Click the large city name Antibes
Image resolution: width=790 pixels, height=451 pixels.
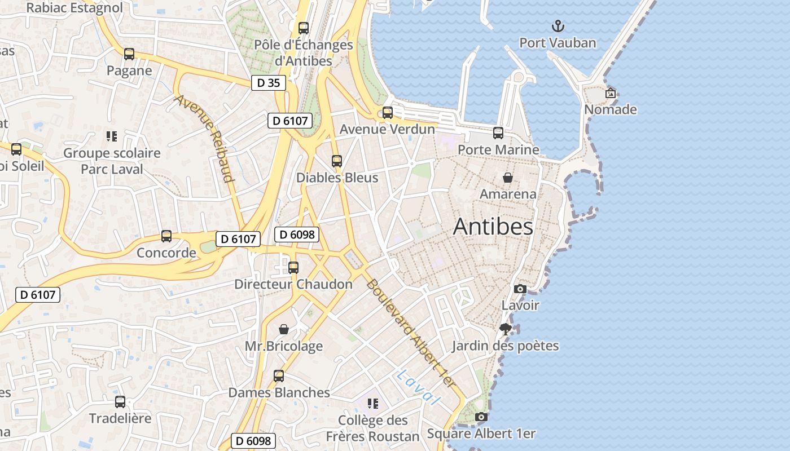click(x=493, y=227)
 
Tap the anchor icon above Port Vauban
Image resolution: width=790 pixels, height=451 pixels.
click(x=558, y=26)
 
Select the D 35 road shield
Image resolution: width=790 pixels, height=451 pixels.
click(x=269, y=83)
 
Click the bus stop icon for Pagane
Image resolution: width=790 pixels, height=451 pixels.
click(x=129, y=54)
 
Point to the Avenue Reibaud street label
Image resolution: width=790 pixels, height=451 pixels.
click(x=204, y=138)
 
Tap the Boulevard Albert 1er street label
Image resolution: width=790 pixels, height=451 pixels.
click(x=410, y=333)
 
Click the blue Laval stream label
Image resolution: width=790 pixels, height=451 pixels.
click(x=418, y=387)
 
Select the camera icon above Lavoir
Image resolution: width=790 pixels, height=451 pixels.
click(x=520, y=289)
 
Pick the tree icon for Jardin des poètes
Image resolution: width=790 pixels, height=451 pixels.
click(x=506, y=329)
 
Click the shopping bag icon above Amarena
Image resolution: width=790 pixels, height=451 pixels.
click(x=508, y=178)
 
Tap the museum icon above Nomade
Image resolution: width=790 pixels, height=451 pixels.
click(x=610, y=93)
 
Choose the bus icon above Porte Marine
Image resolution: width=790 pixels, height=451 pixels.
click(x=498, y=133)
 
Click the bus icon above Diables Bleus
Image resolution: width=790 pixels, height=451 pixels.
click(x=337, y=161)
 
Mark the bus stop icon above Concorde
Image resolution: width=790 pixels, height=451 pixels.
click(x=166, y=236)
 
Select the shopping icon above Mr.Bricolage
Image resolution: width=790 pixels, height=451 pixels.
click(x=284, y=329)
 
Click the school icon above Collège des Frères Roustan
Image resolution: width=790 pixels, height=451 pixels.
click(x=372, y=404)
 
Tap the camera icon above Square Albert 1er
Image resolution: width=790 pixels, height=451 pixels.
click(x=481, y=417)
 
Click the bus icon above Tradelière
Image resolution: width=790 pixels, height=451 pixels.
click(x=120, y=402)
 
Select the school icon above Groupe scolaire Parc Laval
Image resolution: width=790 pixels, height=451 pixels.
click(x=112, y=136)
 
